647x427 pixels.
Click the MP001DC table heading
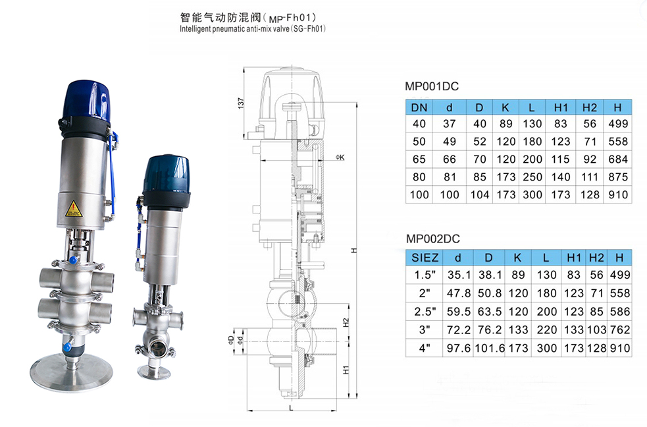coord(431,86)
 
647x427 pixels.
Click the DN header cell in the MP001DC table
coord(419,107)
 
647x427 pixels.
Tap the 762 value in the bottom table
coord(618,329)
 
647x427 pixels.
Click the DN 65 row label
coord(419,159)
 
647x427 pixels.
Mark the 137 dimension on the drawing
coord(242,103)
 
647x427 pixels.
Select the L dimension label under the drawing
coord(290,408)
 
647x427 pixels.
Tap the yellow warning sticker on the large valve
coord(72,208)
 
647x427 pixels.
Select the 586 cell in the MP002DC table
coord(618,312)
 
